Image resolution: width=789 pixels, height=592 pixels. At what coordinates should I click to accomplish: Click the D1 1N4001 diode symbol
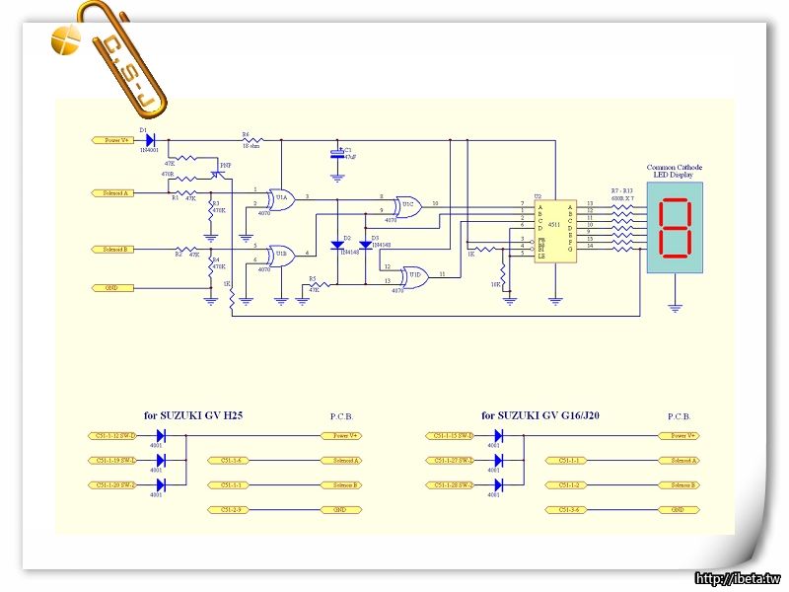[x=151, y=140]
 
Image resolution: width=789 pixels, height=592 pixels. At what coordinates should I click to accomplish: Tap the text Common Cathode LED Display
[x=675, y=172]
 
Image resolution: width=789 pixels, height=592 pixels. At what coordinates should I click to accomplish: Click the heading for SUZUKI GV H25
[x=193, y=416]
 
